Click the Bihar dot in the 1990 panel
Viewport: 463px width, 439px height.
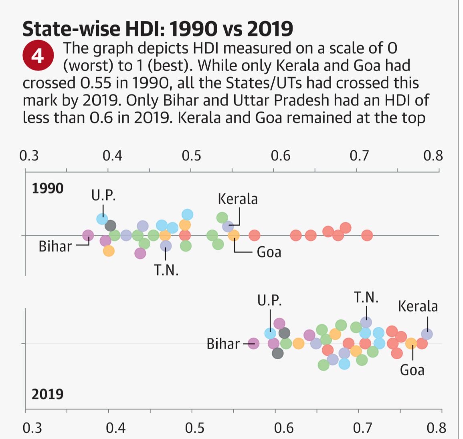(88, 236)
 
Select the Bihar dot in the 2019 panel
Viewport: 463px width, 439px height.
(253, 343)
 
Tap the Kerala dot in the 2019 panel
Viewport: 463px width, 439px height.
(427, 334)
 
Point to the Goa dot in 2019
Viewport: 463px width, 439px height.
(411, 343)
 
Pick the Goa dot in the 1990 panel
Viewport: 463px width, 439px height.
(234, 236)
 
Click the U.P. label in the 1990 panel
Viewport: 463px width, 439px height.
(103, 195)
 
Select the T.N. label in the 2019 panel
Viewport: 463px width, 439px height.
(366, 298)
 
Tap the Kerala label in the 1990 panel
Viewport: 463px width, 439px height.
(238, 199)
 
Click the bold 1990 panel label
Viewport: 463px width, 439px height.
(48, 188)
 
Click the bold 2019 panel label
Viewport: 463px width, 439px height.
(48, 394)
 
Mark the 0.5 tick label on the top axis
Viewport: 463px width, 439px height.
(192, 155)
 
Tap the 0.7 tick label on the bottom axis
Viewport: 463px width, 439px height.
(363, 428)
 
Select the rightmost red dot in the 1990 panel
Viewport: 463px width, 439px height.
(367, 236)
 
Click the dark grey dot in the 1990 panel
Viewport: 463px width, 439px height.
(110, 226)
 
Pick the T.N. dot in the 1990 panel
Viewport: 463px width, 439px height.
(166, 246)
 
